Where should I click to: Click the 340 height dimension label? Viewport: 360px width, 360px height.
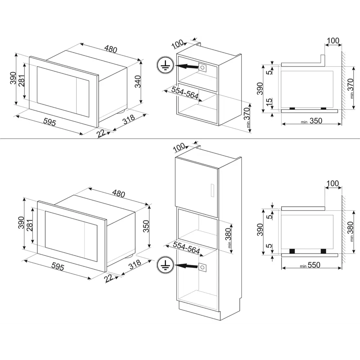[138, 81]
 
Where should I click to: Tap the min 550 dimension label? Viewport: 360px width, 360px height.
[310, 265]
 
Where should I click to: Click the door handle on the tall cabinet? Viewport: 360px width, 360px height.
[212, 190]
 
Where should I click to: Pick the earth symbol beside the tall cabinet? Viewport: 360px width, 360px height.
[165, 265]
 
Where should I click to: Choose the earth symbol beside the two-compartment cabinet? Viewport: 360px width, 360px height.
[165, 65]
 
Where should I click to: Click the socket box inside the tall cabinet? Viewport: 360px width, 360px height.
[202, 267]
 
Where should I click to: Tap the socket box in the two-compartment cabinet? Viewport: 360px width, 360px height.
[202, 68]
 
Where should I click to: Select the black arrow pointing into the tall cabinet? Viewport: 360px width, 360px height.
[186, 266]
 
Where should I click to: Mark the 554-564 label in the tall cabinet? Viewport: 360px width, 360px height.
[186, 248]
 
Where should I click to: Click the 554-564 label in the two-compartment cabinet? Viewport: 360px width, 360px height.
[185, 93]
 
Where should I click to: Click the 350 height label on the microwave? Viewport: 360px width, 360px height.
[146, 226]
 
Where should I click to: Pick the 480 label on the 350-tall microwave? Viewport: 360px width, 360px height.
[119, 194]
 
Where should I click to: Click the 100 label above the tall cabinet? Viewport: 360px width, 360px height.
[179, 147]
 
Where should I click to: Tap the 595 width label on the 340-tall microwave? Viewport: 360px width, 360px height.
[50, 122]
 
